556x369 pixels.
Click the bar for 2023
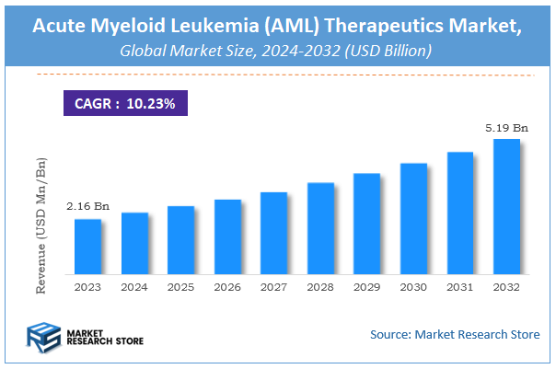point(87,247)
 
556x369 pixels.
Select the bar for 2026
point(227,236)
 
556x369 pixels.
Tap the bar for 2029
point(366,224)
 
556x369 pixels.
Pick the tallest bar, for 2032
point(506,207)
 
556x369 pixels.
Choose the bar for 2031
point(459,213)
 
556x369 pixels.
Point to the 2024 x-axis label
point(134,287)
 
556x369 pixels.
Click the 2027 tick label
point(273,287)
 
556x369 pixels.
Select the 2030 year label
point(413,287)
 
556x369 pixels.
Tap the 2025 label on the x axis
point(180,287)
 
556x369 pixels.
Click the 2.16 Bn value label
point(87,207)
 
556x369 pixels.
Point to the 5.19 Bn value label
point(506,128)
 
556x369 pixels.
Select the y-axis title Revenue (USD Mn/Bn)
point(41,225)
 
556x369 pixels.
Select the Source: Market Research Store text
point(455,334)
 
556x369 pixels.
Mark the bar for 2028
point(320,228)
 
